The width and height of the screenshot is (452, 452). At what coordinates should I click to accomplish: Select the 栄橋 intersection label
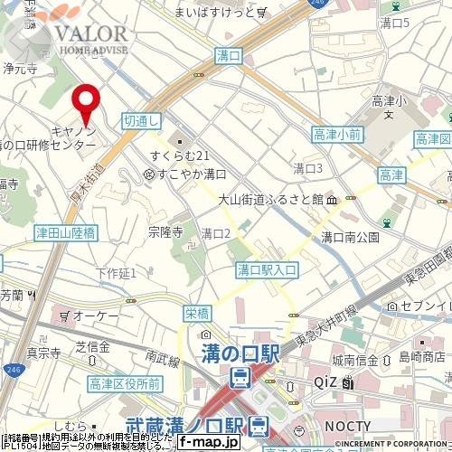(196, 314)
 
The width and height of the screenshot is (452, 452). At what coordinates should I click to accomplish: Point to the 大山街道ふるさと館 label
(272, 199)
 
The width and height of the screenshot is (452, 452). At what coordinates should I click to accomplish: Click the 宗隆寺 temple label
(165, 232)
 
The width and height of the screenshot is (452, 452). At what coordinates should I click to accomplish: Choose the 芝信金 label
(91, 347)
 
